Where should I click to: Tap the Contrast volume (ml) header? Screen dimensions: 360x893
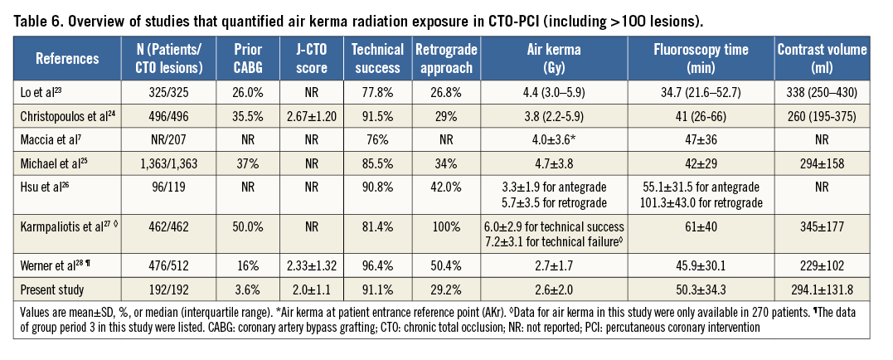click(x=822, y=58)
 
